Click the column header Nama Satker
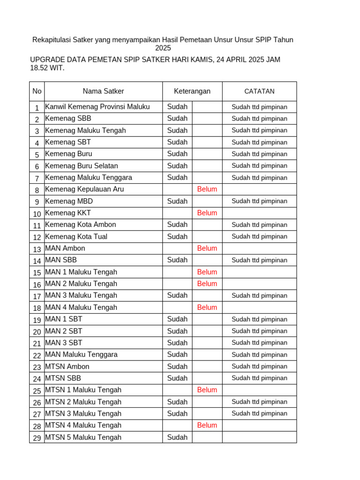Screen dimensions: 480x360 point(103,91)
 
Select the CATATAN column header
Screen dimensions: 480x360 point(259,91)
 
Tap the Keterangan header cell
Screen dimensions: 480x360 point(192,91)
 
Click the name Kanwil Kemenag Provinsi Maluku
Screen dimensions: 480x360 point(97,107)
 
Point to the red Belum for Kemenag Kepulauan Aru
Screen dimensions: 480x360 point(207,189)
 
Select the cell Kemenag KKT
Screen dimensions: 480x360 point(68,213)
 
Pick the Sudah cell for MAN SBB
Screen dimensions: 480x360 point(177,260)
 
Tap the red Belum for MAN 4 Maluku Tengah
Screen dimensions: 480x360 point(207,307)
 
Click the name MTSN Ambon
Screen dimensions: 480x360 point(67,367)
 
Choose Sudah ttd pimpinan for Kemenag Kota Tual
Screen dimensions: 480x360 point(259,237)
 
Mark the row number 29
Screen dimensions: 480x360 point(37,438)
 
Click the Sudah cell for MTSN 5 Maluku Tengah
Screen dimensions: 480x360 point(177,437)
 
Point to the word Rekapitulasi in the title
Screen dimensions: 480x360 point(52,40)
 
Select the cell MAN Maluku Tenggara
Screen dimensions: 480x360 point(81,355)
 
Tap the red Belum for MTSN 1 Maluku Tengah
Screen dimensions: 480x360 point(207,390)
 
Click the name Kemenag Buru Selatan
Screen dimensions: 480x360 point(82,166)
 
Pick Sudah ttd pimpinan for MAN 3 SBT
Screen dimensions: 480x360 point(259,343)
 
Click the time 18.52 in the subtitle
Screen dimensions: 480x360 point(39,68)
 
